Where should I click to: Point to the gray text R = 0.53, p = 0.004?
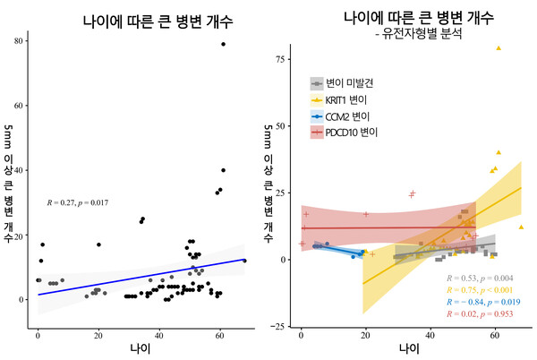(x=484, y=278)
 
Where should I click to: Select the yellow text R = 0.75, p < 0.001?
(x=484, y=290)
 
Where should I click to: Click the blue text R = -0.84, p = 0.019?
(x=484, y=303)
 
